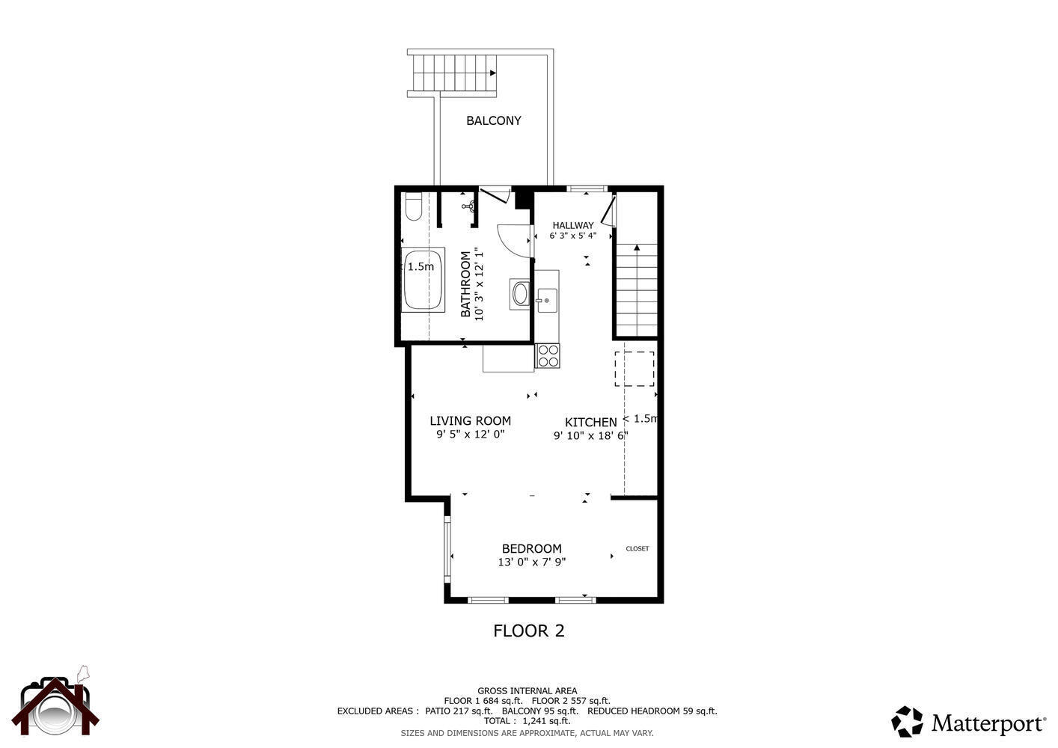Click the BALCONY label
click(x=493, y=120)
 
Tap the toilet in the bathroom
click(x=413, y=206)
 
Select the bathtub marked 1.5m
click(x=423, y=280)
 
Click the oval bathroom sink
click(x=520, y=293)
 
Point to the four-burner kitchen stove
click(x=548, y=355)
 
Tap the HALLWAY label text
click(x=573, y=225)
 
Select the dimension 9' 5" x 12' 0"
click(x=471, y=434)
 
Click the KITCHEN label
click(x=590, y=423)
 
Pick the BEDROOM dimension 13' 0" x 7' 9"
click(x=531, y=562)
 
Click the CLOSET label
click(x=637, y=548)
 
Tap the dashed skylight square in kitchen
click(x=635, y=369)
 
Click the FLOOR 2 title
click(x=528, y=631)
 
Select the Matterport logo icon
click(x=907, y=722)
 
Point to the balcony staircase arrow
click(x=492, y=73)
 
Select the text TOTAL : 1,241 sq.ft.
click(x=527, y=721)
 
